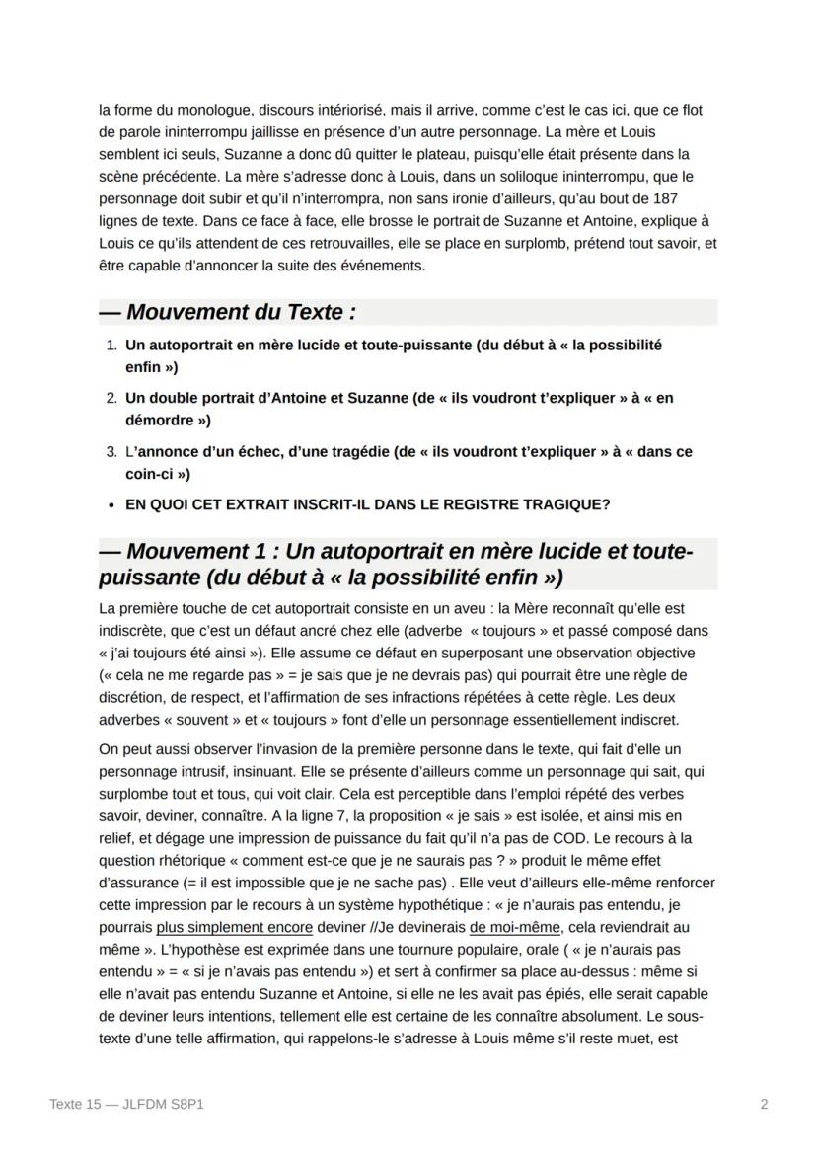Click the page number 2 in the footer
764,1105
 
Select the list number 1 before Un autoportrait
110,346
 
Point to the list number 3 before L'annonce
110,452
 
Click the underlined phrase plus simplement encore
234,928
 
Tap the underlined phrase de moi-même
513,928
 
